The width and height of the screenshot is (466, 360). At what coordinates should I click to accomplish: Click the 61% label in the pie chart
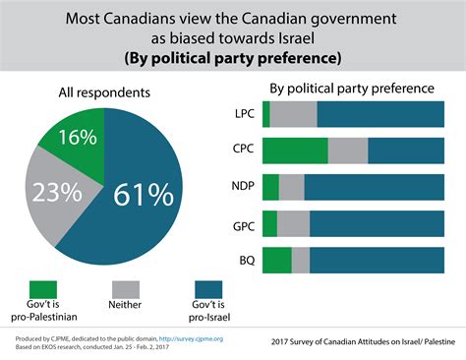(x=143, y=196)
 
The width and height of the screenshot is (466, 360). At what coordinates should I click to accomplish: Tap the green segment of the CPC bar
(x=295, y=150)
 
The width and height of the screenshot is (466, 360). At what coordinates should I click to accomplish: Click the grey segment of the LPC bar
(x=293, y=114)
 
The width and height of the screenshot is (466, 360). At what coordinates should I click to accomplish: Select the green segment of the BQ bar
(x=277, y=260)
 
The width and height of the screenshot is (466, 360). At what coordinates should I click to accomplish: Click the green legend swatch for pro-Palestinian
(x=43, y=289)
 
